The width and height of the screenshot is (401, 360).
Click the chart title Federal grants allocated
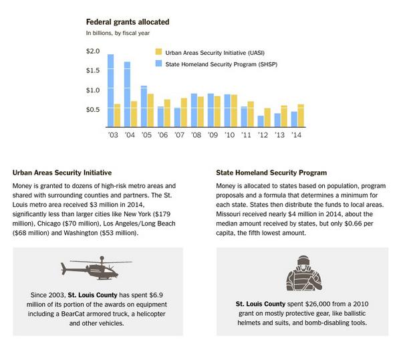click(127, 22)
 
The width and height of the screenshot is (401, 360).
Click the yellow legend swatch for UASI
click(158, 52)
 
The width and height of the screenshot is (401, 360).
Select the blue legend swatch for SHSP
click(158, 64)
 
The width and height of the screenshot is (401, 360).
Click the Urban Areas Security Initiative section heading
click(61, 172)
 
